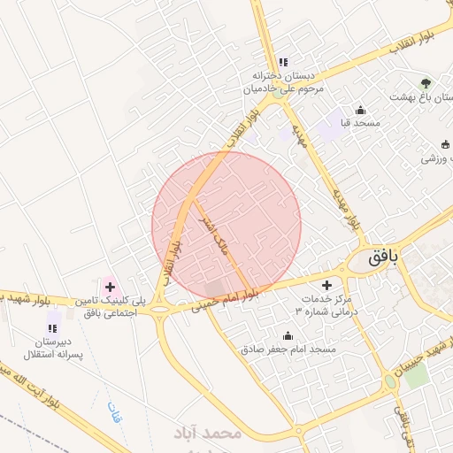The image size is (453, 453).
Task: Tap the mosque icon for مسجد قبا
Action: pos(360,111)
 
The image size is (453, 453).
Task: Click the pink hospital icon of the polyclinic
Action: pos(110,286)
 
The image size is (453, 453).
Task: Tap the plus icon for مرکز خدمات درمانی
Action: pos(328,285)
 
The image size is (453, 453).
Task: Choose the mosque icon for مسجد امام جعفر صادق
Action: pos(287,336)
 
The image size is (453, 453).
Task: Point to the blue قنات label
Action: pos(112,412)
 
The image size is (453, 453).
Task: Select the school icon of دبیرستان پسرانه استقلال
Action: pos(55,317)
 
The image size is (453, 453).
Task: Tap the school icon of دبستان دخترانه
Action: pos(282,62)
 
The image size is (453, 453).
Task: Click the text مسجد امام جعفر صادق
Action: pos(288,349)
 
